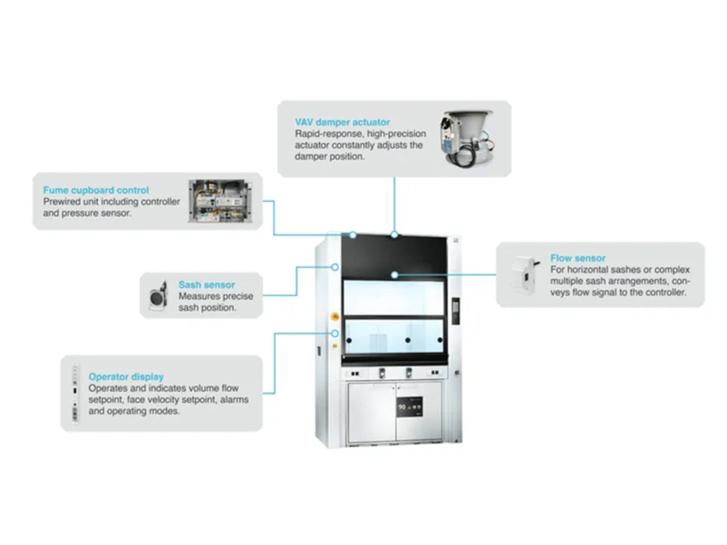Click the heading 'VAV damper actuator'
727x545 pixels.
342,122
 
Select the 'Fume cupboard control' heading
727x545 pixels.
96,190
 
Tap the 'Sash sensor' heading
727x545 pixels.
206,284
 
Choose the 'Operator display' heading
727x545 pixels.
126,376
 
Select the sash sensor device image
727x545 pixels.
158,296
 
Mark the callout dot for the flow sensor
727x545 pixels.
395,275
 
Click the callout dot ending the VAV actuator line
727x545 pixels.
394,235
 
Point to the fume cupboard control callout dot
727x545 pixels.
353,235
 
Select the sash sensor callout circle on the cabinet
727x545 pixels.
335,267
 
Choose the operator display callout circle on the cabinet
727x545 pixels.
335,334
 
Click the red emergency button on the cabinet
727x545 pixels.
335,316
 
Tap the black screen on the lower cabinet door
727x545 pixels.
409,407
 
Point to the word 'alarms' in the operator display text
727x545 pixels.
234,399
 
